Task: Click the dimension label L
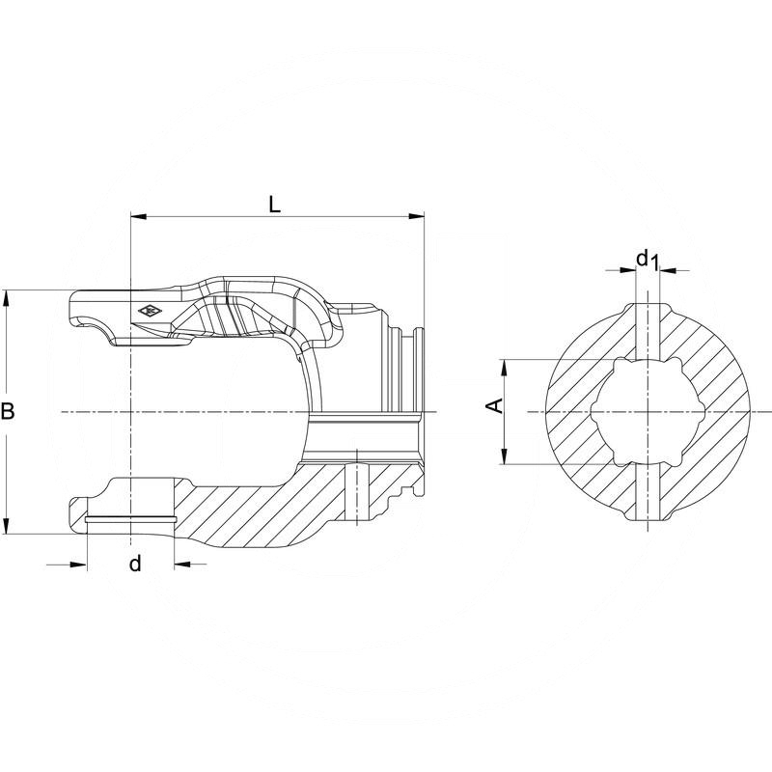coord(275,205)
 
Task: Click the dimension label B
coord(8,412)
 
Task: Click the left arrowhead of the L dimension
coord(136,218)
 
